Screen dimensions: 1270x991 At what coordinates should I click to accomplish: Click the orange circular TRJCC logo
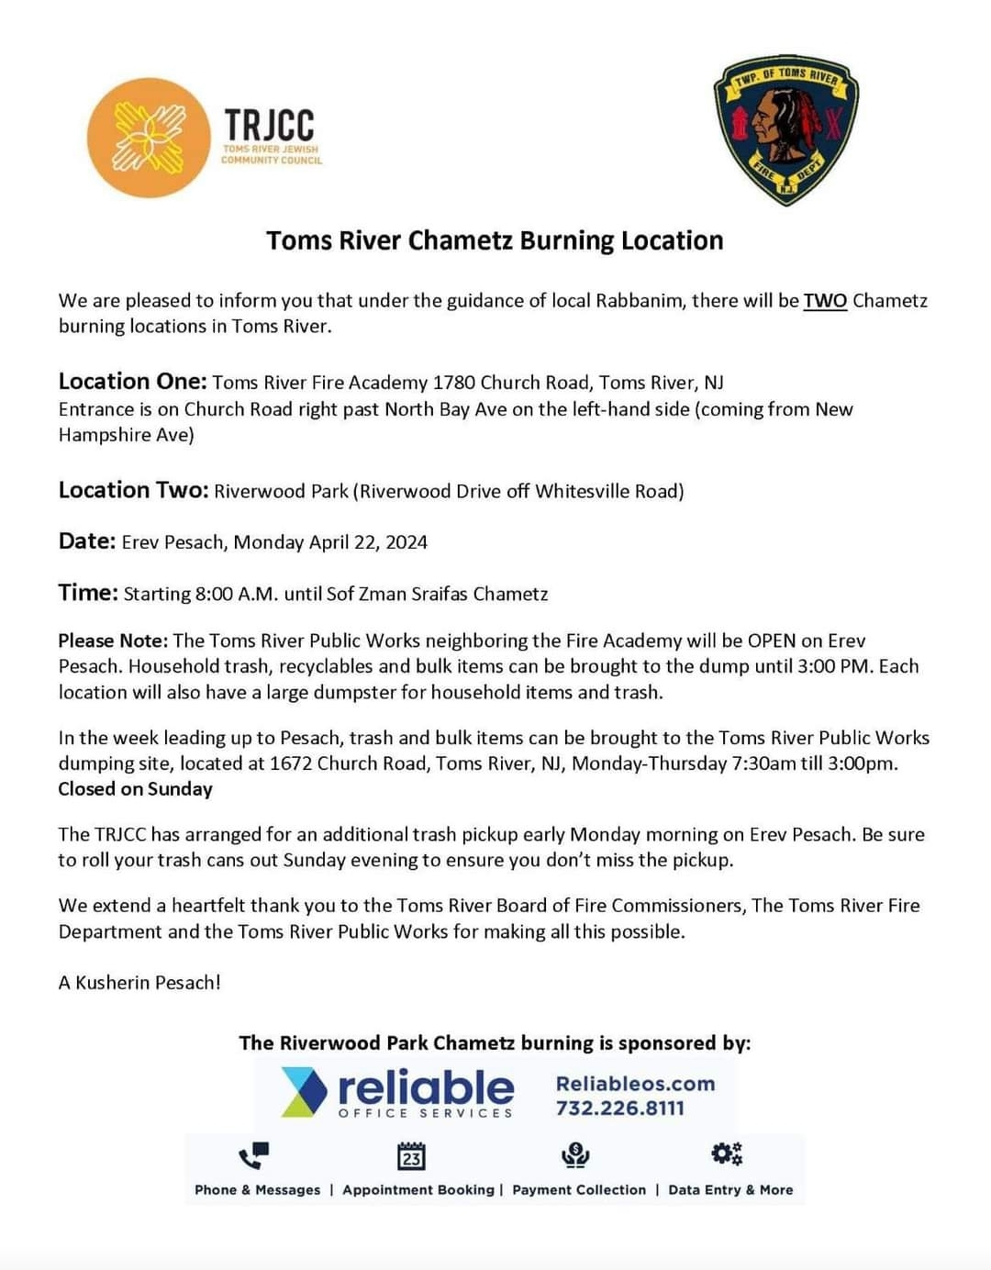click(149, 138)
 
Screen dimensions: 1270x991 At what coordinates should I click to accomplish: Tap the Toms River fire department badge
click(785, 128)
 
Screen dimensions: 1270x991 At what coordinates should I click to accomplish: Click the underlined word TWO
click(825, 301)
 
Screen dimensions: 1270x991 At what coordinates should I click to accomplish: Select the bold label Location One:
click(132, 381)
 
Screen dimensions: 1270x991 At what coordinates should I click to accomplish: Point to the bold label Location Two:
click(134, 490)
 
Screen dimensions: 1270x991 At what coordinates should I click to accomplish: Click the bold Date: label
click(87, 541)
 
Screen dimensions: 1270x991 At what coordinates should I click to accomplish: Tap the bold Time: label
click(88, 593)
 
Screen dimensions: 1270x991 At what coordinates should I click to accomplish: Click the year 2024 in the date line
click(406, 542)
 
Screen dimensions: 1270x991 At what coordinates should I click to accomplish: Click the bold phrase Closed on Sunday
click(135, 789)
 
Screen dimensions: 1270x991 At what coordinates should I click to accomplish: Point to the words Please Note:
click(113, 641)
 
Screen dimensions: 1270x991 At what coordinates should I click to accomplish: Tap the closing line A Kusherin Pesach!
click(139, 983)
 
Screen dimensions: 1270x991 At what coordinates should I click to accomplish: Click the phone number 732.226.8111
click(619, 1108)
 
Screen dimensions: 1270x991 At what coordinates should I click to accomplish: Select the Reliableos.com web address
click(635, 1083)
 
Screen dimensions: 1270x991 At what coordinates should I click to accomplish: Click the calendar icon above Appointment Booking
click(411, 1156)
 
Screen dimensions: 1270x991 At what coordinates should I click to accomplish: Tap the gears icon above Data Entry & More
click(726, 1153)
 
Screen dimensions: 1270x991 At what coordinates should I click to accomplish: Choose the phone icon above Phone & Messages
click(253, 1154)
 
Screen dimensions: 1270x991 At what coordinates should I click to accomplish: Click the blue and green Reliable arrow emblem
click(304, 1092)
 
